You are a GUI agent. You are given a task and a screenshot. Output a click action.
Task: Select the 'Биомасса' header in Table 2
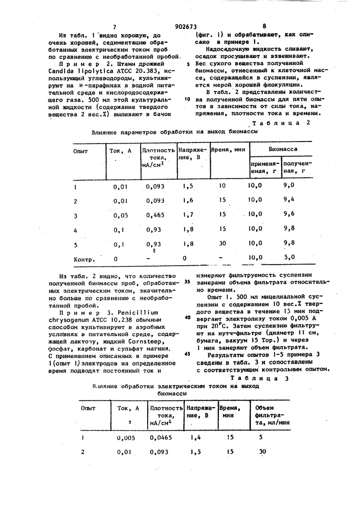[x=284, y=150]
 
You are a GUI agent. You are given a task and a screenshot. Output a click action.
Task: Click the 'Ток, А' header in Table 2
[x=121, y=151]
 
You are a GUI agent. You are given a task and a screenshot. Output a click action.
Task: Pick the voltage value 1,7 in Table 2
[x=188, y=215]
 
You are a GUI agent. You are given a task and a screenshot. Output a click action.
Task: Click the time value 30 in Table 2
[x=222, y=243]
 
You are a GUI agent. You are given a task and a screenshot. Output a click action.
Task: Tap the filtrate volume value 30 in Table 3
[x=262, y=451]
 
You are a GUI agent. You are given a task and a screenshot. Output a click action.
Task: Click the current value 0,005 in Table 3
[x=125, y=437]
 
